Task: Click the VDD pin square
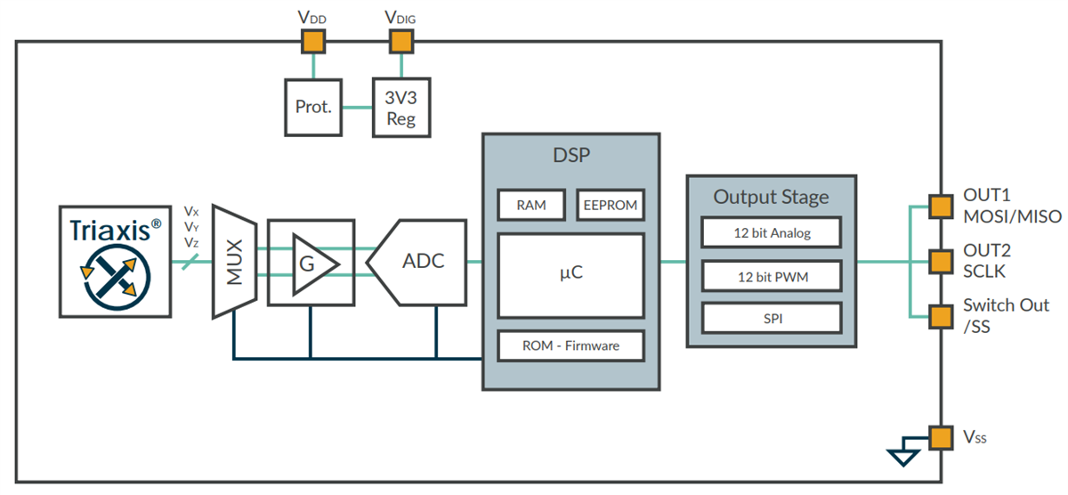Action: (x=312, y=41)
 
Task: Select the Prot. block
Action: (x=313, y=108)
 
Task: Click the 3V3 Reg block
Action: (x=400, y=108)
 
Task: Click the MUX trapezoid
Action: (x=234, y=262)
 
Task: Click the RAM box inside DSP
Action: (x=531, y=205)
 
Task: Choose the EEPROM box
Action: (x=610, y=205)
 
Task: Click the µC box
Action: (x=570, y=275)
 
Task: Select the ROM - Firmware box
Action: (x=570, y=345)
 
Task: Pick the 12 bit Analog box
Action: (x=771, y=233)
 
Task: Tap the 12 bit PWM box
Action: (x=771, y=276)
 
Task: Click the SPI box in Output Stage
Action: (x=771, y=318)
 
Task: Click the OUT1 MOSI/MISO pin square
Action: (x=940, y=207)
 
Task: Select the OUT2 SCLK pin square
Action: (x=940, y=262)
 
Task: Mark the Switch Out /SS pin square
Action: (x=940, y=316)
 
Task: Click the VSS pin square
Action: (x=940, y=437)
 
